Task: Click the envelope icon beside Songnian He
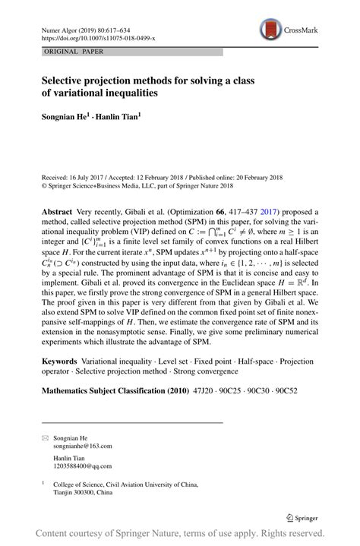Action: (x=45, y=438)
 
